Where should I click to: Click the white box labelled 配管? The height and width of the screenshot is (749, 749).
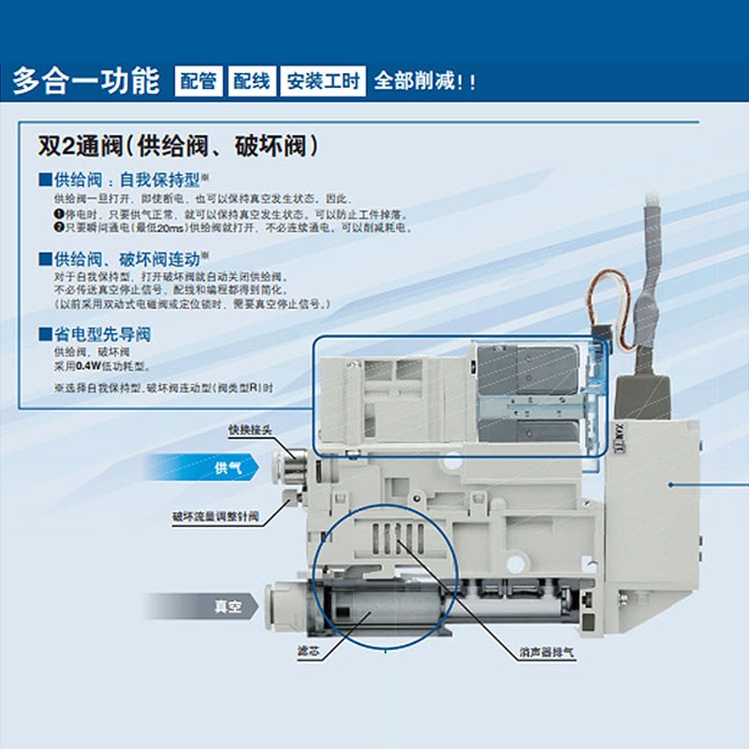pos(198,81)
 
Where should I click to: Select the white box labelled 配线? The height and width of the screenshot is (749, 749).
pos(251,81)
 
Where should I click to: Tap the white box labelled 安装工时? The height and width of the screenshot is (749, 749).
pos(323,81)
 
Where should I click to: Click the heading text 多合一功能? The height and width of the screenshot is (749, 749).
pos(86,81)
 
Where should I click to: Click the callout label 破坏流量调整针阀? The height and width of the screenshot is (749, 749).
pos(215,516)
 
